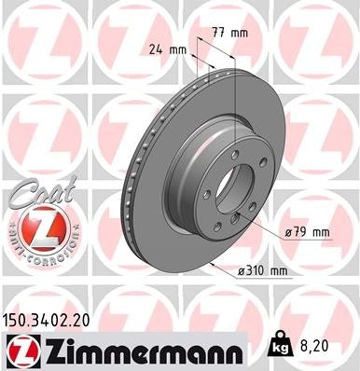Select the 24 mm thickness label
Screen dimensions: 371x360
coord(164,50)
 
